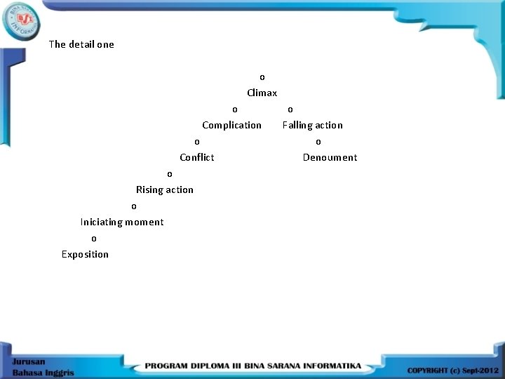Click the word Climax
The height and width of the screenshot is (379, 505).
point(262,93)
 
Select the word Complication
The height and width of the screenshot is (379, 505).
point(231,125)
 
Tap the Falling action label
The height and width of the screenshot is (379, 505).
point(312,125)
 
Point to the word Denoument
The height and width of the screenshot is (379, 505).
point(330,157)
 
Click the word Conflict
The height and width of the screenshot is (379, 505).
point(196,157)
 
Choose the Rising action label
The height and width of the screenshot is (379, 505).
point(164,189)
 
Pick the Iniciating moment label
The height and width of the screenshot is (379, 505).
point(122,222)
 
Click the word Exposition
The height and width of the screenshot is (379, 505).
point(85,254)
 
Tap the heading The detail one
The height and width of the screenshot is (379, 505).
point(81,44)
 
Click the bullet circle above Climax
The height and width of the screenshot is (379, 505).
point(262,77)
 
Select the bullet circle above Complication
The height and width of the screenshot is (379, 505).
point(235,109)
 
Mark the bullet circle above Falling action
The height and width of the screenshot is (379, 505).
point(290,109)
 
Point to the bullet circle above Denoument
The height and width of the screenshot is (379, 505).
point(318,142)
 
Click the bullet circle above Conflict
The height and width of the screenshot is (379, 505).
point(197,142)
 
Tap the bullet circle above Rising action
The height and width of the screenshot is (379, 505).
point(169,174)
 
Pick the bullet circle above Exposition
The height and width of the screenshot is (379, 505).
point(94,239)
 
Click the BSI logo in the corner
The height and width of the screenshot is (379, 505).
point(22,20)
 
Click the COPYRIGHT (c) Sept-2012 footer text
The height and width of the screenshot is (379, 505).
point(452,370)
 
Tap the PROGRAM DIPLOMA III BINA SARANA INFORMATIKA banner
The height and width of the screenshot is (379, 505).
point(253,366)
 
